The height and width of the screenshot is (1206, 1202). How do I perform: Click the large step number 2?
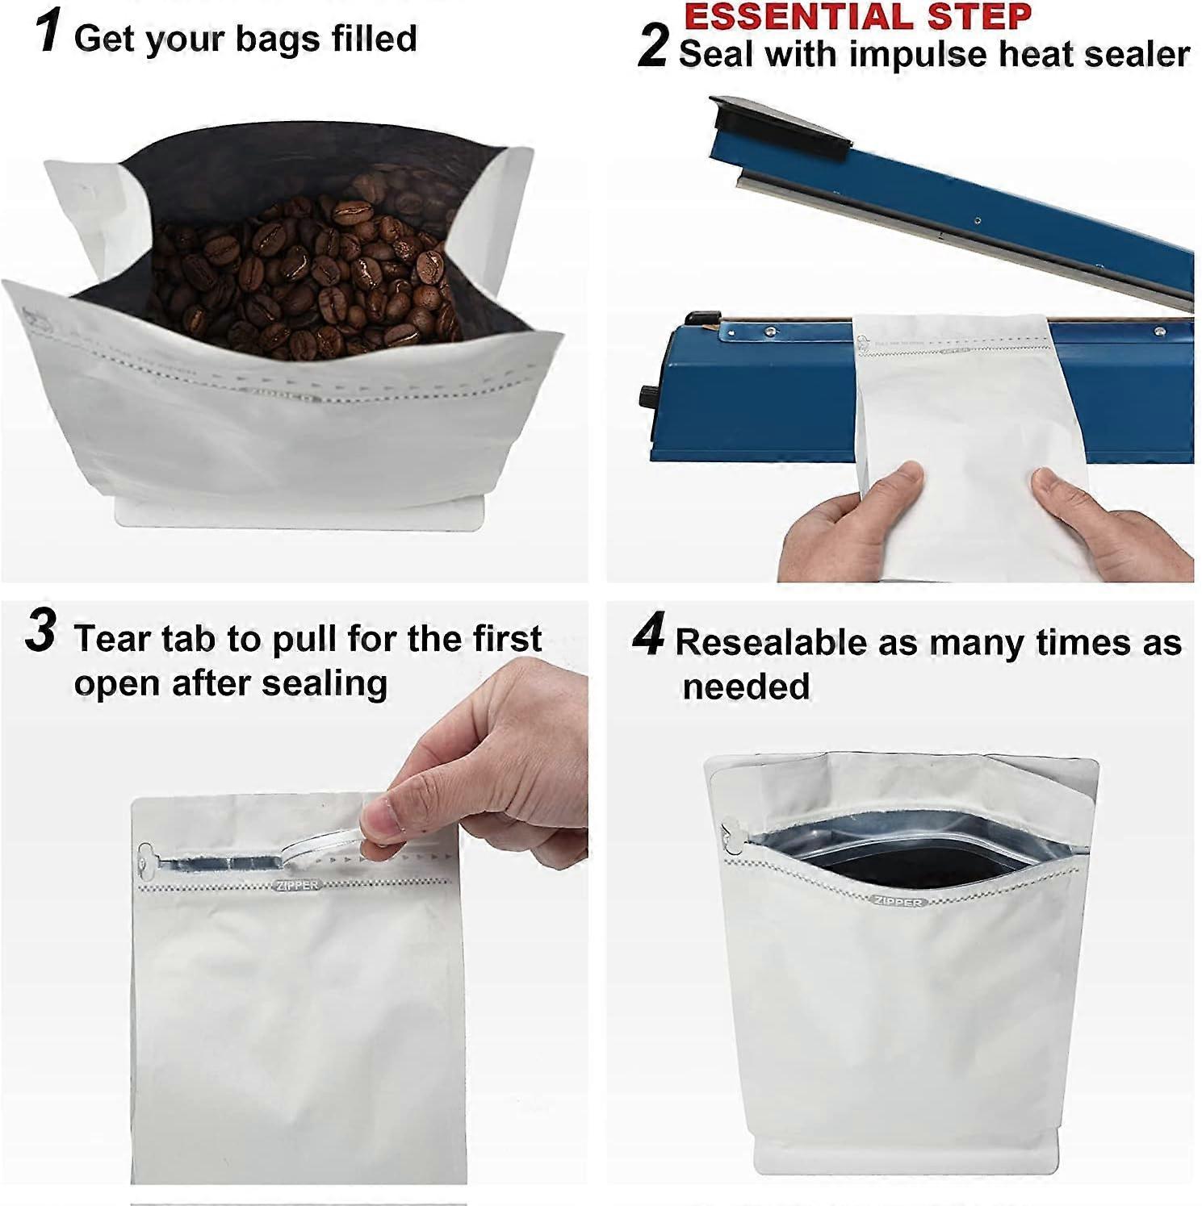click(x=652, y=45)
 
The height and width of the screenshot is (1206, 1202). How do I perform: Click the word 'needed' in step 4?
click(x=746, y=686)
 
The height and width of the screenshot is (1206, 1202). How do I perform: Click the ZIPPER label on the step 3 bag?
click(x=297, y=885)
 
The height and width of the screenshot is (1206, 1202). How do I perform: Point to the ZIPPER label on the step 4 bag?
click(x=898, y=901)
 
